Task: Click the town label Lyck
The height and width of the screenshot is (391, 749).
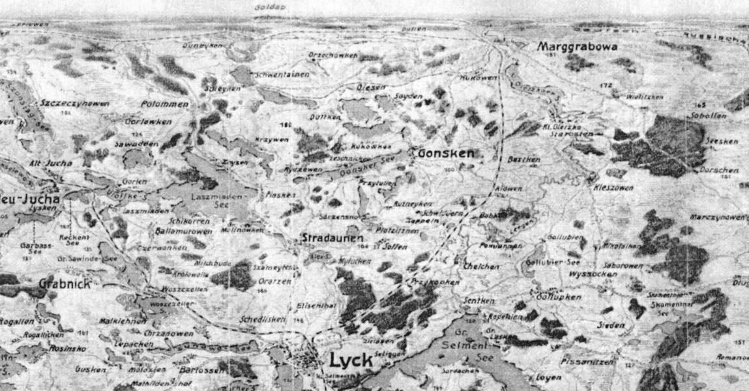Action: [x=351, y=360]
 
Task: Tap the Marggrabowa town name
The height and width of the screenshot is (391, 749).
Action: [x=577, y=47]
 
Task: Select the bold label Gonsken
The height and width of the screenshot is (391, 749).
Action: [x=445, y=153]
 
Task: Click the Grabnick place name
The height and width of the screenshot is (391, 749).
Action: [x=65, y=283]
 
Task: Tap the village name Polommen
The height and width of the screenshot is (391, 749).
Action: [x=165, y=104]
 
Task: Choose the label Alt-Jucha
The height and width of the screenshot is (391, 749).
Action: [x=51, y=163]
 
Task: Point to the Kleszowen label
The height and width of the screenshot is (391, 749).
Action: [x=613, y=187]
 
